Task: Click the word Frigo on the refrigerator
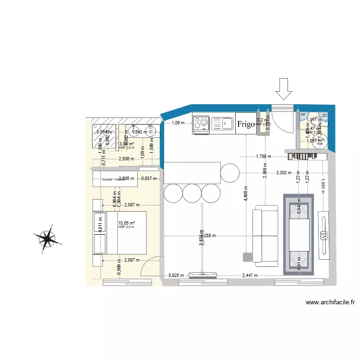(x=245, y=124)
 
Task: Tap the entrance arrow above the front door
(x=283, y=89)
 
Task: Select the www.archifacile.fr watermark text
(x=330, y=302)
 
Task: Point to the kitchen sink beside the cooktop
(x=222, y=124)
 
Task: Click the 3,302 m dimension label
(x=283, y=173)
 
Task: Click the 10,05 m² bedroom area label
(x=126, y=223)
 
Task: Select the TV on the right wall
(x=324, y=236)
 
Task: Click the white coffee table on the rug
(x=299, y=235)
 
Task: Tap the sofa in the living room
(x=266, y=236)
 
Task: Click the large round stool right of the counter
(x=229, y=173)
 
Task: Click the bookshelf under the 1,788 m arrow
(x=307, y=156)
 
